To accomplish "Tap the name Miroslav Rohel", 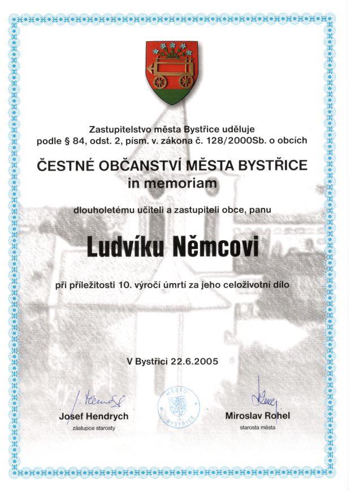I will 257,416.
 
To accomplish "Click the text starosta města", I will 257,428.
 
